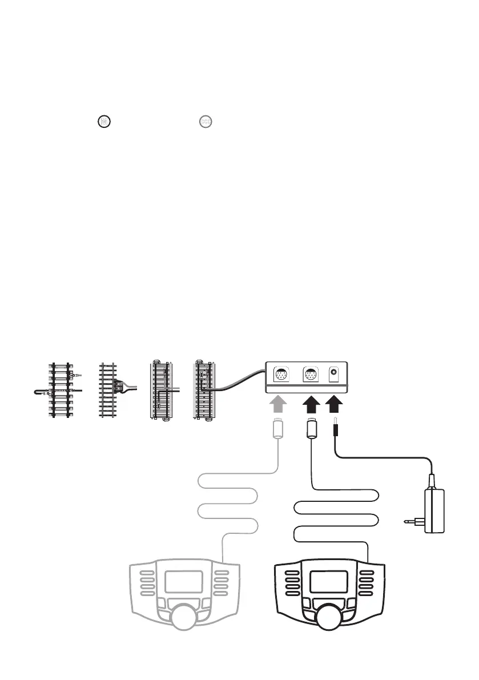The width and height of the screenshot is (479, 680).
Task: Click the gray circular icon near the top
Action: coord(204,121)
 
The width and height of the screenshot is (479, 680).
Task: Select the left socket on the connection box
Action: coord(281,375)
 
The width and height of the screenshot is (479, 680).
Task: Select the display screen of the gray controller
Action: coord(184,581)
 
